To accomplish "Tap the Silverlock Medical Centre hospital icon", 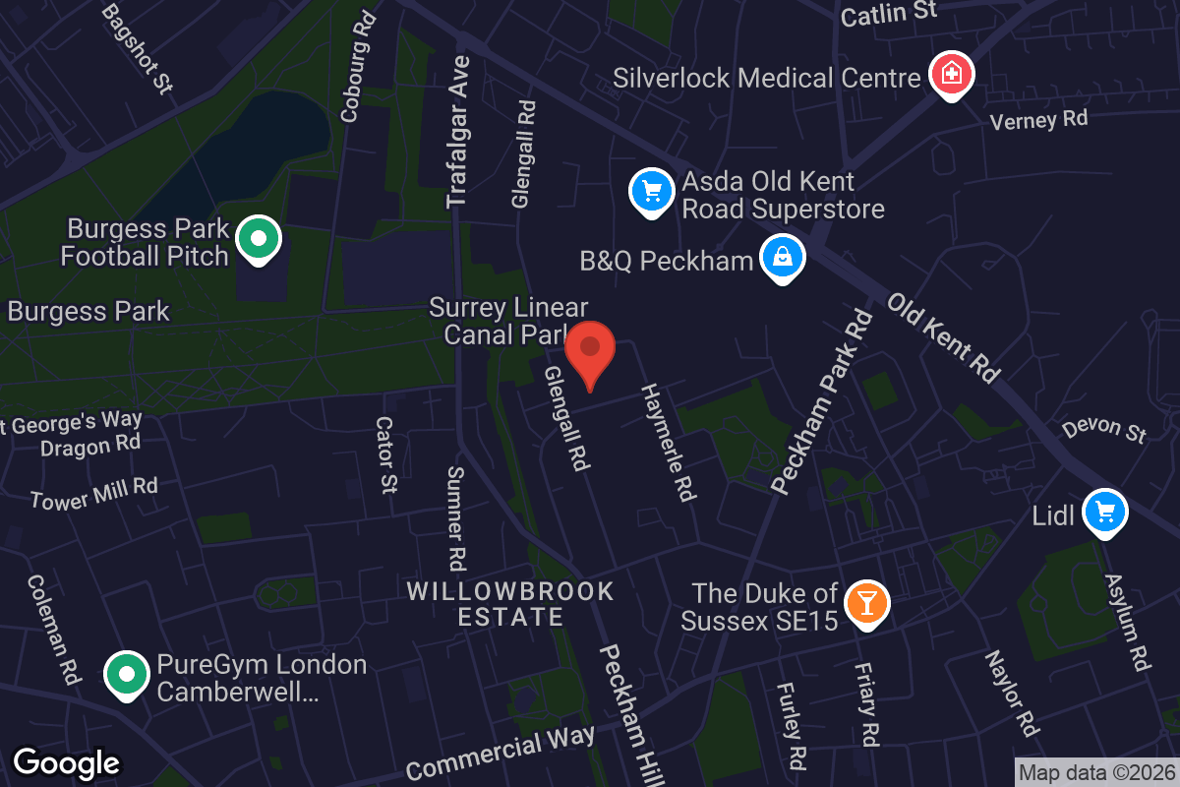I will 951,74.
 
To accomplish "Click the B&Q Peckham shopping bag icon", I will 783,258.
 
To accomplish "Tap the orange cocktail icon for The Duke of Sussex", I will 866,602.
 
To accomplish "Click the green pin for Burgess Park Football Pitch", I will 259,238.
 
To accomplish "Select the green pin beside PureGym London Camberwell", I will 127,675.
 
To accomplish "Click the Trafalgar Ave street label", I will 458,132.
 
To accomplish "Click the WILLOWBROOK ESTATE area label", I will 510,604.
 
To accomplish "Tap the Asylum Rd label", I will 1127,623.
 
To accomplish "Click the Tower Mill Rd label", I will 94,493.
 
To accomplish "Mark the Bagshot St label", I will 137,46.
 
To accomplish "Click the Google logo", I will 67,762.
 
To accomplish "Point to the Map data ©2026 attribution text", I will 1095,772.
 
